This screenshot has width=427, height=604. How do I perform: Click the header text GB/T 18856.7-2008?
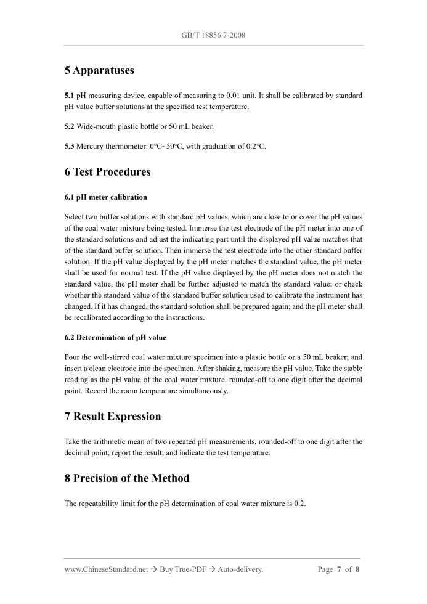(213, 35)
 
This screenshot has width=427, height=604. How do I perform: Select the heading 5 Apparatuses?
(99, 70)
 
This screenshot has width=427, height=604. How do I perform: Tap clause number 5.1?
(69, 96)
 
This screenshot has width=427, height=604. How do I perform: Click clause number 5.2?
(69, 126)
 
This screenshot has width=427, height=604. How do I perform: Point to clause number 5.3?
(69, 146)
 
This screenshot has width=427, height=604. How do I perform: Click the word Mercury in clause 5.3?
(90, 146)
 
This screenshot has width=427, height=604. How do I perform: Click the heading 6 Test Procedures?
(107, 172)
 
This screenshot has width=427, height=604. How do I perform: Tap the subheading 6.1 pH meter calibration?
(105, 197)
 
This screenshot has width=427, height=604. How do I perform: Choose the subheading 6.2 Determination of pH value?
(115, 337)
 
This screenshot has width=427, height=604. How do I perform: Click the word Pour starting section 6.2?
(72, 357)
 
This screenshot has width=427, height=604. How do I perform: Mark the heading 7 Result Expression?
(113, 417)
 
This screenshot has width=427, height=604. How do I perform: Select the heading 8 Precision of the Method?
(127, 478)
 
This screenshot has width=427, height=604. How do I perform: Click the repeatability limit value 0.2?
(299, 504)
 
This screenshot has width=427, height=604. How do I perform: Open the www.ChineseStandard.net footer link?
(106, 569)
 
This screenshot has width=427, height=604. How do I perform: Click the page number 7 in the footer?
(339, 569)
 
